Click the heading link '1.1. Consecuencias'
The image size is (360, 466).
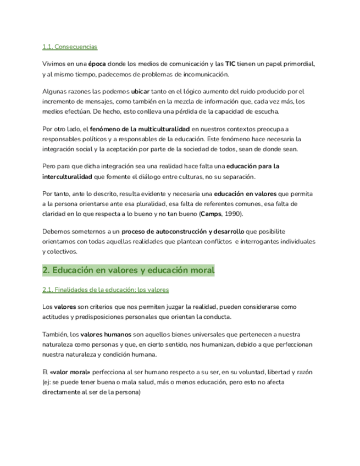pyautogui.click(x=70, y=47)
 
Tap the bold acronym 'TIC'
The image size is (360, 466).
pyautogui.click(x=230, y=64)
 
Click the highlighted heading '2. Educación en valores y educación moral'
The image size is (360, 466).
pyautogui.click(x=129, y=270)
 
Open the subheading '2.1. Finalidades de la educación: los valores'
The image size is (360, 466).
pyautogui.click(x=106, y=289)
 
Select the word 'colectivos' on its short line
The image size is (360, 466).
pyautogui.click(x=62, y=252)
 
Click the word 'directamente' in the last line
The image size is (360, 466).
pyautogui.click(x=63, y=392)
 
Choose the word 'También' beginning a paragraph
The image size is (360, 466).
pyautogui.click(x=56, y=334)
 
